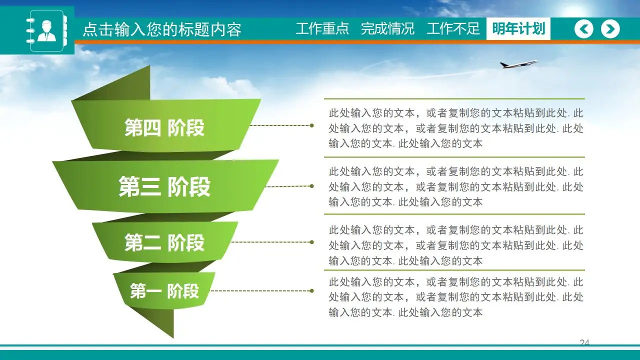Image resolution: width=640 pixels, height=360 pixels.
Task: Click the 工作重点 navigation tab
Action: coord(322,28)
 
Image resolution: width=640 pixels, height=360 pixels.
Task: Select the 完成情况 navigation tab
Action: coord(387,28)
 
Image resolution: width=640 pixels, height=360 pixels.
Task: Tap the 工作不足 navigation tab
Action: coord(453,28)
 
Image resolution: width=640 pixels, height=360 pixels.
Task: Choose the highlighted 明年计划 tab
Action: coord(518,28)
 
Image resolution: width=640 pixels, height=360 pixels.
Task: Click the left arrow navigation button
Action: coord(583,29)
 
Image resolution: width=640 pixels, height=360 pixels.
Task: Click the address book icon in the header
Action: coord(46,30)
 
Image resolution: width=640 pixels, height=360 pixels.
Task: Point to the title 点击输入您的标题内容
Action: coord(161,29)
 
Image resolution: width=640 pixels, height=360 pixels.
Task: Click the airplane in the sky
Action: coord(518,64)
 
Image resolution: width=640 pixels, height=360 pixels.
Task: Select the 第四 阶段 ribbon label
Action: coord(164,128)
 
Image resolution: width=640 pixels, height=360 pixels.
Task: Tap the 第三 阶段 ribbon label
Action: coord(164,186)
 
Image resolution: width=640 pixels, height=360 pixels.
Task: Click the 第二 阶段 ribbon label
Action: coord(164,243)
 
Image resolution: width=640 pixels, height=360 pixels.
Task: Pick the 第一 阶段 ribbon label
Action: coord(164,290)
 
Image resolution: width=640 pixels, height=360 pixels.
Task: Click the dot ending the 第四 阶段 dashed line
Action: coord(312,125)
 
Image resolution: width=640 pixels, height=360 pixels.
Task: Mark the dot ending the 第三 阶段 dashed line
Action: coord(311,186)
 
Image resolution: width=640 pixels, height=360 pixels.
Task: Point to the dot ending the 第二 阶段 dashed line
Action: coord(312,242)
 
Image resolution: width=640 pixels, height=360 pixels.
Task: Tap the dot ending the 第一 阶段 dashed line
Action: coord(312,290)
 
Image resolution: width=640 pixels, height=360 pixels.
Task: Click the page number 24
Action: coord(584,342)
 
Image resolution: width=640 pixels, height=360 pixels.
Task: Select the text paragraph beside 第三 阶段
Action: coord(455,186)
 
